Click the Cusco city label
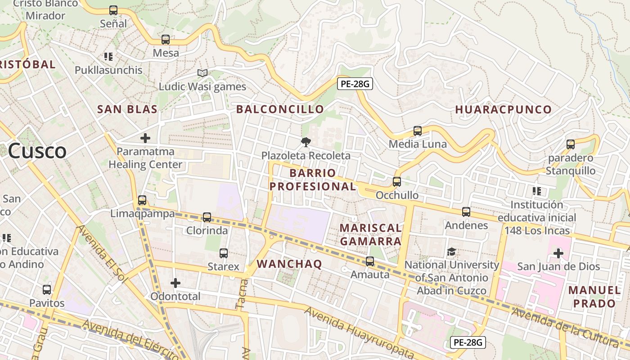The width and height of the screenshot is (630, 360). pos(37,151)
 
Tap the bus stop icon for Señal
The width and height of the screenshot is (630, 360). pos(113,10)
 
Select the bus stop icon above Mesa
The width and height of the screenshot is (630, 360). pos(166,40)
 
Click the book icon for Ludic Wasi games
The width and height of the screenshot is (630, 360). pos(202,73)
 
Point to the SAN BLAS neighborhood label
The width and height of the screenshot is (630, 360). pos(127,109)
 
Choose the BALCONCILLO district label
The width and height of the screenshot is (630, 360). pos(280,109)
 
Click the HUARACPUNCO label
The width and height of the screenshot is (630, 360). pos(503,110)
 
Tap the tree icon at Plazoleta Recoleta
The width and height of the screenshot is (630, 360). pos(306,143)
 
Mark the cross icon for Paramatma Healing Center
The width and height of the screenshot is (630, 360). pos(145,138)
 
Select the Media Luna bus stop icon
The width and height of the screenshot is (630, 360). pos(418,131)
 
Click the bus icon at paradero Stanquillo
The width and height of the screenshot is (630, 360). pos(571,144)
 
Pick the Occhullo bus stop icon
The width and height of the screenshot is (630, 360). pos(396,182)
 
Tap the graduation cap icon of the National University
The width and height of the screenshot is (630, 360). pos(451,252)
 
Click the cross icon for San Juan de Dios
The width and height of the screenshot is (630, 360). pos(558,253)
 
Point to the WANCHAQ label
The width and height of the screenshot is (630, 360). pos(289,264)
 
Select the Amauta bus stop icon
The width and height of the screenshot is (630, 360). pos(370,261)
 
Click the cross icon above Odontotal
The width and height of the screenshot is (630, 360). pos(175,283)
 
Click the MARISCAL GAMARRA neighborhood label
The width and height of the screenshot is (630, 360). pos(370,234)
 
